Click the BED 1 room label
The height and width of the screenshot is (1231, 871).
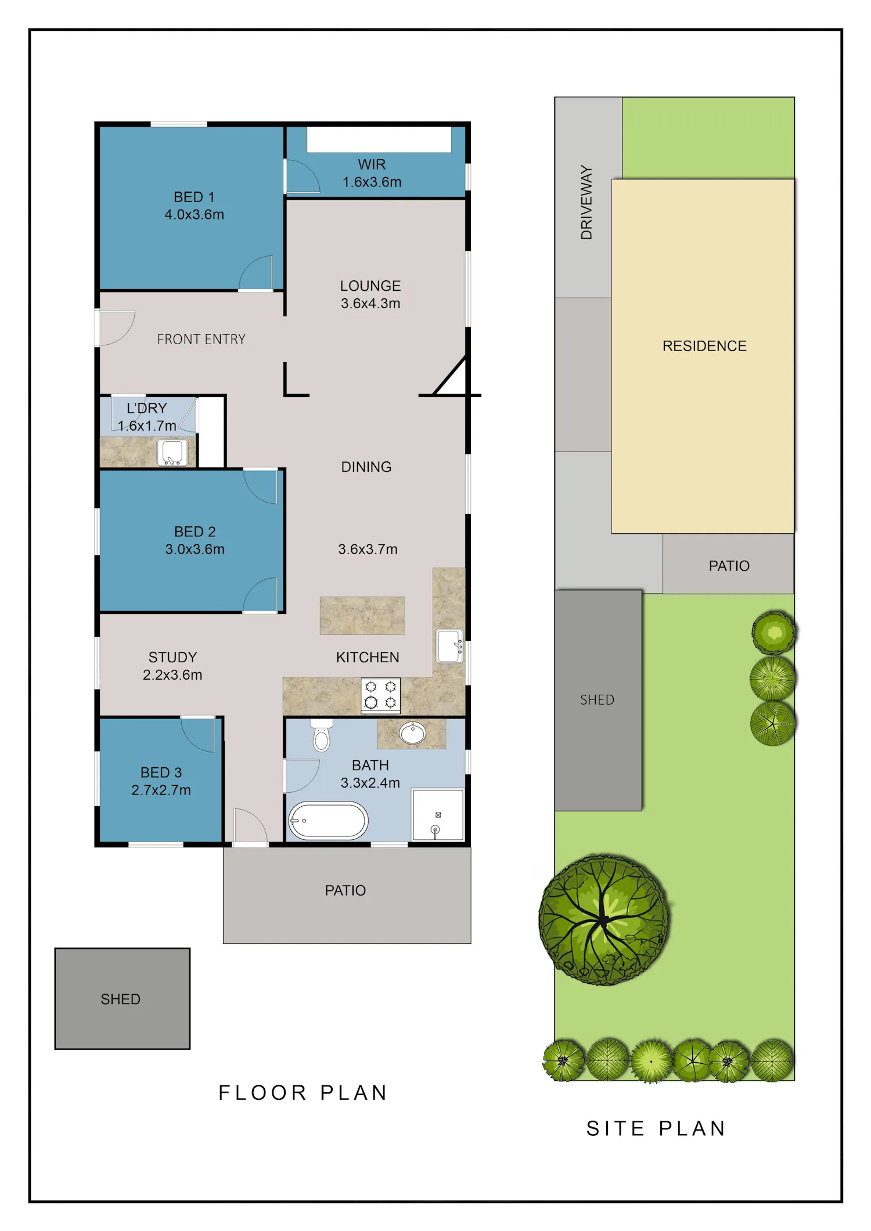coord(194,197)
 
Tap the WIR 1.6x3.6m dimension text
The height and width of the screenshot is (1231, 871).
coord(372,182)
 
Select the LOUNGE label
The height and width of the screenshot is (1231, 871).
coord(370,286)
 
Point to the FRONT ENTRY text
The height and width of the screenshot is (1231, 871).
coord(201,339)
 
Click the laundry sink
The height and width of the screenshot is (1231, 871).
coord(172,453)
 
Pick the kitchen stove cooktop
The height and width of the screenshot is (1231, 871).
coord(380,695)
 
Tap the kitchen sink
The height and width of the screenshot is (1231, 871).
coord(450,646)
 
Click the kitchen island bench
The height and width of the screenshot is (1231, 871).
coord(362,615)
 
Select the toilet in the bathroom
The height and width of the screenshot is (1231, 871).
coord(321,735)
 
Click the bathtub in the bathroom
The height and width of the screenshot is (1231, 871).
coord(328,821)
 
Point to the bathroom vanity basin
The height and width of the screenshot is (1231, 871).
coord(413,733)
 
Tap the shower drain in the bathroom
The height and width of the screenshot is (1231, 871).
coord(438,815)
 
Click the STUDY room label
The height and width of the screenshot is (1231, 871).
coord(172,657)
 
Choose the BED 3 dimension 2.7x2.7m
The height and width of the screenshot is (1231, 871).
coord(161,790)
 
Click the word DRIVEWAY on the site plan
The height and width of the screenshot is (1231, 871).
coord(586,202)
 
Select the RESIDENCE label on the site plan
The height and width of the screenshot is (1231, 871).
coord(704,346)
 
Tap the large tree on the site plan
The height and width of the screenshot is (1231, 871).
coord(604,920)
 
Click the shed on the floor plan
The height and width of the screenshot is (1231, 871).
coord(123,999)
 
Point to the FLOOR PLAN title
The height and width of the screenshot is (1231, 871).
coord(303,1093)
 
